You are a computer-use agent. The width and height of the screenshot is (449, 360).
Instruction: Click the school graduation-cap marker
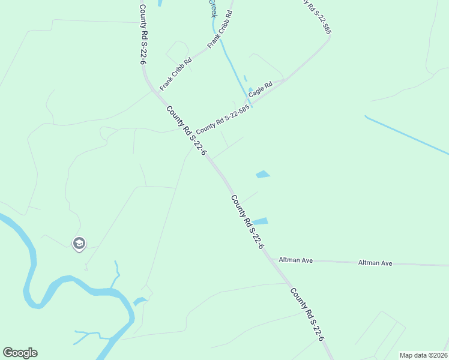point(79,244)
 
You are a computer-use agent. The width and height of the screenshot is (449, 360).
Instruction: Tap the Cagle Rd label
point(261,89)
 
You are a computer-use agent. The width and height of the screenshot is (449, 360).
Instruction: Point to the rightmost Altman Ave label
point(375,263)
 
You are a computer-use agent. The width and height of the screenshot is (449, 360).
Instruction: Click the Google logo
point(20,353)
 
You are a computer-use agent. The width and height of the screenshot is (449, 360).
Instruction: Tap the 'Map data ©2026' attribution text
point(423,355)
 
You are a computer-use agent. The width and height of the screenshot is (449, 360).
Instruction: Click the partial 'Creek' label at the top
point(212,8)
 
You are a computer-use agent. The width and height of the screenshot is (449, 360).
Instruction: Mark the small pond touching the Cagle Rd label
point(250,91)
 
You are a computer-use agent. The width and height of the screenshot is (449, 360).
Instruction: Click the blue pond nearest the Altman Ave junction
point(260,221)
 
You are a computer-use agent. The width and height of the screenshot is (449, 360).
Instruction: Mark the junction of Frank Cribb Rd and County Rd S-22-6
point(159,91)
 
